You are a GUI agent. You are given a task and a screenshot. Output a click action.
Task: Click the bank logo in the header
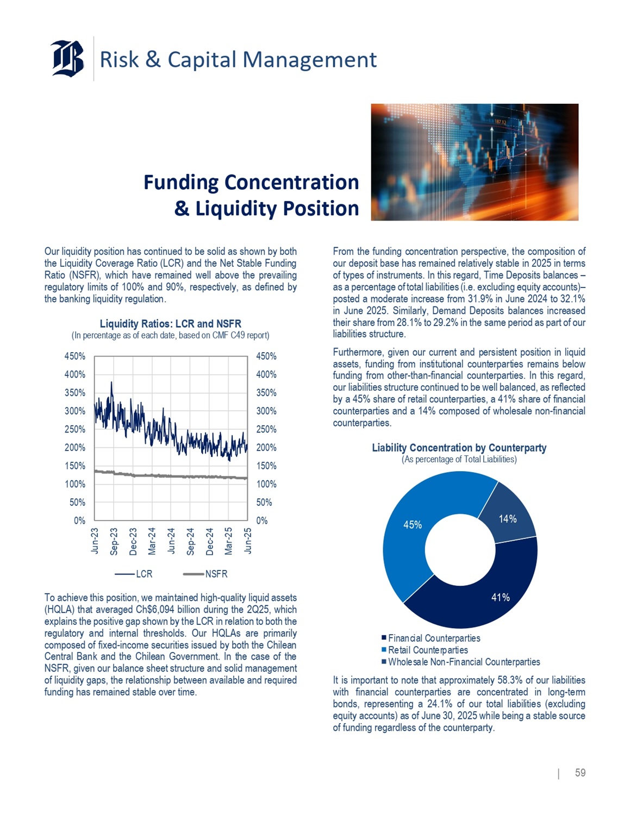click(x=68, y=58)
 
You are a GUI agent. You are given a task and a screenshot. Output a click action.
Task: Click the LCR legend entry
click(x=134, y=574)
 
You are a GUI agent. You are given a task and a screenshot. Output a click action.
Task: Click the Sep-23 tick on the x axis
click(x=114, y=541)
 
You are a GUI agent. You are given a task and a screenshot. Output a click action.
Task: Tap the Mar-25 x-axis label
click(x=228, y=541)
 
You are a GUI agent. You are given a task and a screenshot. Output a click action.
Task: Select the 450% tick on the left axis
click(x=75, y=356)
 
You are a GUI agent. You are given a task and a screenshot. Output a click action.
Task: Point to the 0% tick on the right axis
click(x=262, y=521)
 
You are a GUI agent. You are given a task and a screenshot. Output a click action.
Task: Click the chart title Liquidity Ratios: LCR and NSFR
click(x=170, y=324)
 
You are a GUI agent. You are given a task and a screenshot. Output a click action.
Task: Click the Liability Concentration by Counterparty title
click(x=459, y=448)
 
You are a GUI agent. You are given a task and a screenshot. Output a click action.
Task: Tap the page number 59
click(x=580, y=773)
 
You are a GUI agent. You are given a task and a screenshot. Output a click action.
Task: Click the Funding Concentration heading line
click(x=251, y=183)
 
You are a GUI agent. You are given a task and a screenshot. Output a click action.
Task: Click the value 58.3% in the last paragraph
click(x=510, y=680)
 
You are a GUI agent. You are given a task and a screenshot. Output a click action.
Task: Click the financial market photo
click(x=475, y=162)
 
